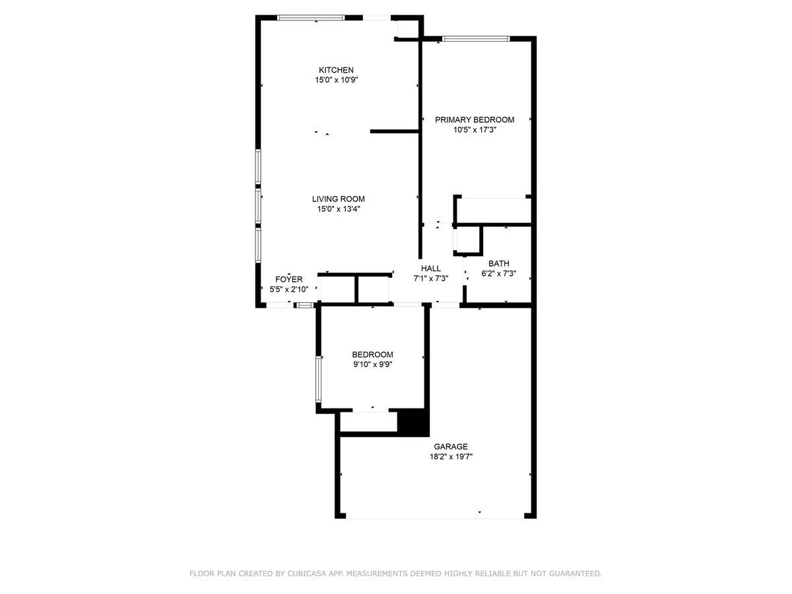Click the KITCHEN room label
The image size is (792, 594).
pos(336,70)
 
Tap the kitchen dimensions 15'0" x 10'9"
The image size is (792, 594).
pos(337,80)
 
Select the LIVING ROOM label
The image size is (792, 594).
pos(339,199)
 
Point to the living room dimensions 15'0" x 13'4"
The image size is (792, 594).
pos(339,209)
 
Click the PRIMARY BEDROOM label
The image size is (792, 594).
pos(475,119)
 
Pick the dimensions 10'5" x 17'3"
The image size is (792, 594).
pos(475,130)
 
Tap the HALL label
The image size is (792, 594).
pos(431,269)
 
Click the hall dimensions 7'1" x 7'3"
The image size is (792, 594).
pos(431,279)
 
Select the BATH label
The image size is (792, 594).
pos(499,263)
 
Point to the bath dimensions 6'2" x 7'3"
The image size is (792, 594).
pos(499,273)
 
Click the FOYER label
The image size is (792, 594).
pos(288,279)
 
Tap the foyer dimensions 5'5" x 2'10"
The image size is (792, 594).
pos(288,289)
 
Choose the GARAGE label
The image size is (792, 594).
pos(451,447)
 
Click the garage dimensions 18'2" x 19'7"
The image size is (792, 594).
pos(451,457)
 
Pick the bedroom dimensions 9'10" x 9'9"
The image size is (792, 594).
pos(373,364)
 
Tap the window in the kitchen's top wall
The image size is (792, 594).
pos(311,18)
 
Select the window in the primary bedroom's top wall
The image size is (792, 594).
pos(477,38)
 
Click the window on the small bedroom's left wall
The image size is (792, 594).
pos(318,379)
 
